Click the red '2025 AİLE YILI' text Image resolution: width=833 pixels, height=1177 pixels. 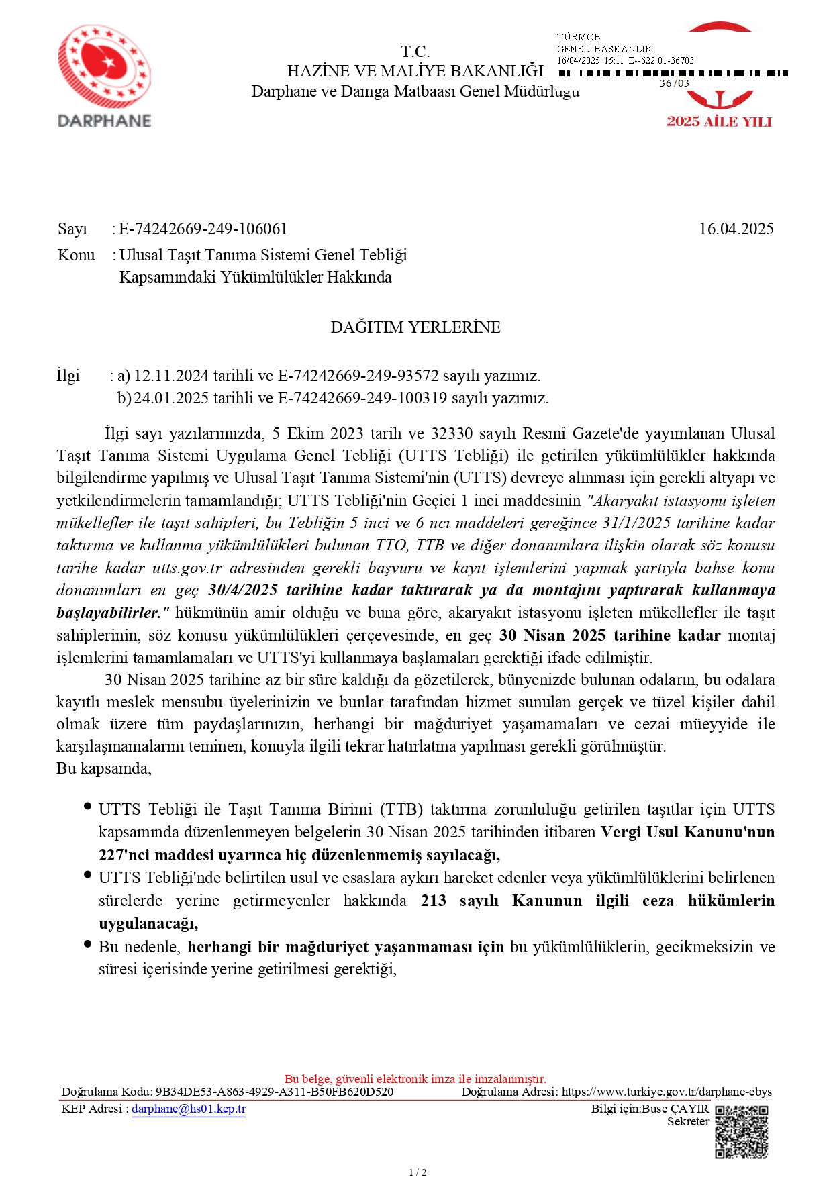tap(719, 122)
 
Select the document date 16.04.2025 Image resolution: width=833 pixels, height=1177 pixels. tap(736, 229)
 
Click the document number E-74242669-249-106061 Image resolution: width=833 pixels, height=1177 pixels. tap(203, 229)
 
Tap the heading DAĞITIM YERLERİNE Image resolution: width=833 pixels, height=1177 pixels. tap(415, 327)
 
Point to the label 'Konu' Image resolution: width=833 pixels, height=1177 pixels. tap(76, 255)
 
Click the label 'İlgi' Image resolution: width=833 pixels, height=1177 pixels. tap(68, 376)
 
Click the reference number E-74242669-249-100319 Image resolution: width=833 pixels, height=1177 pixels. tap(362, 398)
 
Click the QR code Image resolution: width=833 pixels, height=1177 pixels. tap(741, 1132)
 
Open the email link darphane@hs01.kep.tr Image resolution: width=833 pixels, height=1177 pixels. tap(189, 1109)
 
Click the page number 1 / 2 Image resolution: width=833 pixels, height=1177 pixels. tap(417, 1172)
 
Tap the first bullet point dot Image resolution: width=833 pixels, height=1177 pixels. tap(87, 806)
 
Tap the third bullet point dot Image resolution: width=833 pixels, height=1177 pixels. tap(87, 943)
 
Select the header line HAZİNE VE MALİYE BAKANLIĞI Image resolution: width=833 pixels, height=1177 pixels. tap(415, 71)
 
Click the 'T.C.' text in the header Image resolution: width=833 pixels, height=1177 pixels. tap(415, 52)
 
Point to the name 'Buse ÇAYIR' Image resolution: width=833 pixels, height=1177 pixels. tap(675, 1109)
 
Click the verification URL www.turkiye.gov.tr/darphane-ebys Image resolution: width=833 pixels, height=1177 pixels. tap(667, 1092)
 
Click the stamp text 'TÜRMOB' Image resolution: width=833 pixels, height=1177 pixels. tap(578, 37)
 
